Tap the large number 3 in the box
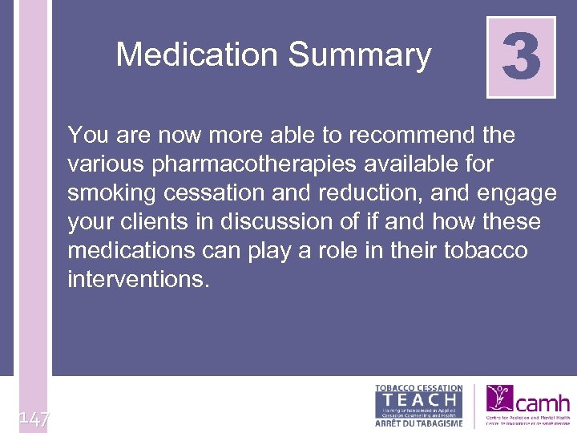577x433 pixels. [521, 57]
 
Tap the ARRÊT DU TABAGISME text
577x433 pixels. [419, 423]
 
